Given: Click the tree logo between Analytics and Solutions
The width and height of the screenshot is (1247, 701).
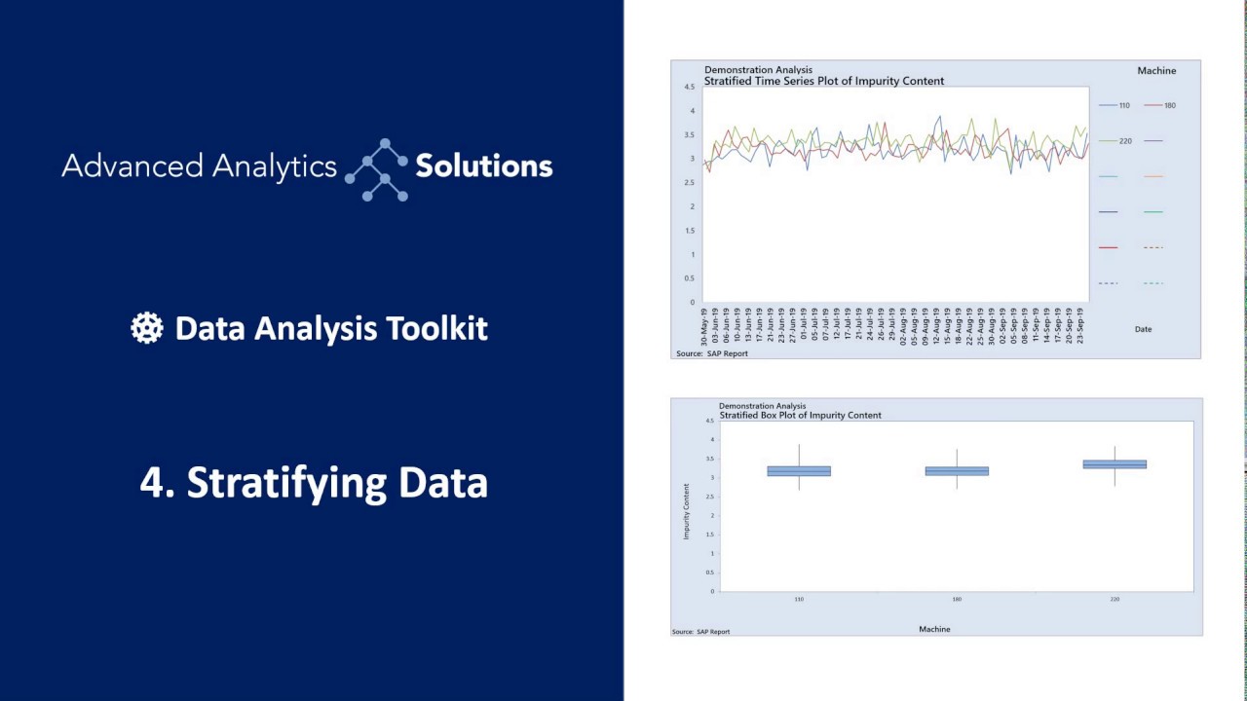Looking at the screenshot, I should coord(376,169).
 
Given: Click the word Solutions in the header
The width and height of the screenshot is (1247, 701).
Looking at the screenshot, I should coord(484,166).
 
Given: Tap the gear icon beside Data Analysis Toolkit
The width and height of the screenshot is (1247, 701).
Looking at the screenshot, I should coord(147,328).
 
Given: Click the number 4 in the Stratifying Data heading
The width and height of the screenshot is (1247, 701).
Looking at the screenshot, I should coord(151,483).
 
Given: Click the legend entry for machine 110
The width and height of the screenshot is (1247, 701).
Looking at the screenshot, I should coord(1115,105).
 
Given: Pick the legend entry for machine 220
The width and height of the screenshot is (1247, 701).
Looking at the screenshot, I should coord(1115,141).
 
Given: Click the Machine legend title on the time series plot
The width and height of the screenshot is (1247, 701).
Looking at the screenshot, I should coord(1156,70).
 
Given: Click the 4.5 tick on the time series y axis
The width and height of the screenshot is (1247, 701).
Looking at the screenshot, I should coord(689,87).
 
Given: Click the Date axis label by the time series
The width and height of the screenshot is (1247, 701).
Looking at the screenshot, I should coord(1143,329).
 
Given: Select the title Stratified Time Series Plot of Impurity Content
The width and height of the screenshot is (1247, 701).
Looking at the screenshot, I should coord(824,82).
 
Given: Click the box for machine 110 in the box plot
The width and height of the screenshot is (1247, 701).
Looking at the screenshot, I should coord(799,471).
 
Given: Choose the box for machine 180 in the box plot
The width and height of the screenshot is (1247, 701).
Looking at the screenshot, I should coord(957,471).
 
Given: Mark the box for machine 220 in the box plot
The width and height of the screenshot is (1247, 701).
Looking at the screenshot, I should coord(1115,464).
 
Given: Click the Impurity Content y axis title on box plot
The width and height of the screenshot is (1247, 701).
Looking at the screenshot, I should coord(686,511).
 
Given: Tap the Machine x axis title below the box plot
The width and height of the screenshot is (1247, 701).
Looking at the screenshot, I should coord(934,629).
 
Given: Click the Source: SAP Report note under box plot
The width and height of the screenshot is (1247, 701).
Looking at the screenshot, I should coord(700,632).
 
